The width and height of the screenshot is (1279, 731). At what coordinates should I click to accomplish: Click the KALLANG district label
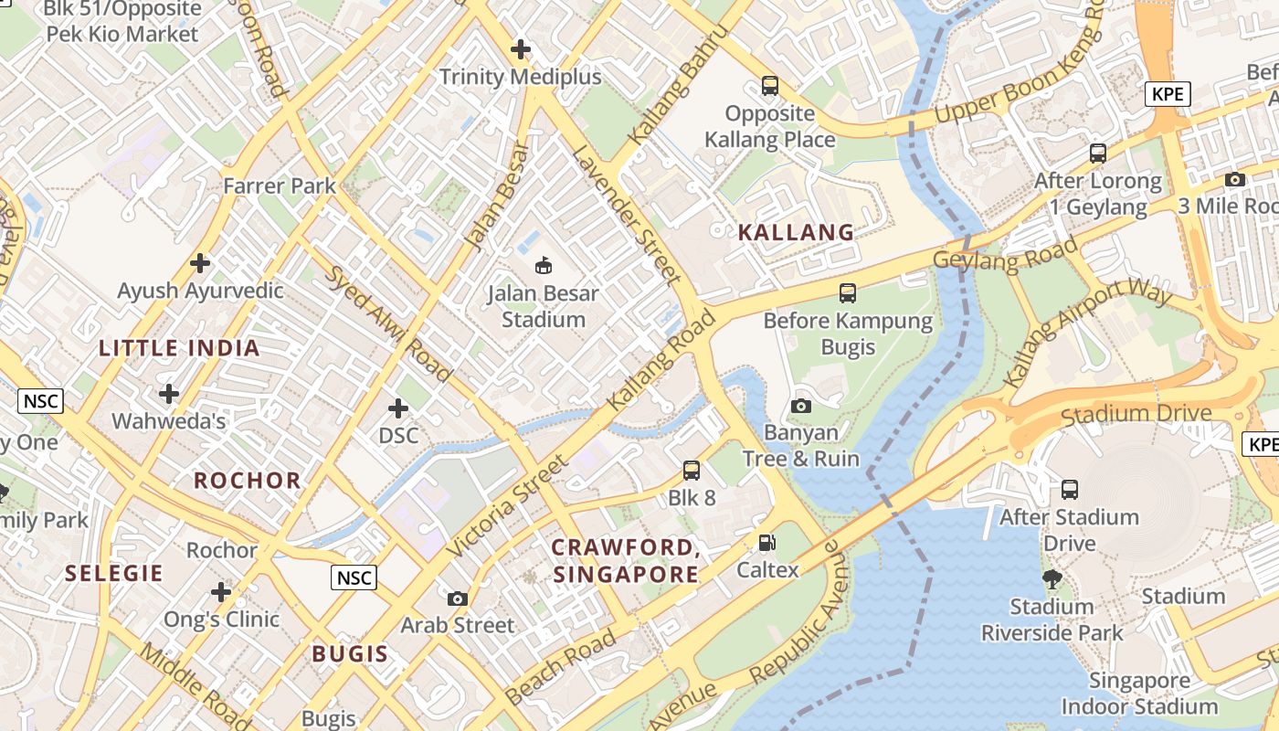(x=796, y=232)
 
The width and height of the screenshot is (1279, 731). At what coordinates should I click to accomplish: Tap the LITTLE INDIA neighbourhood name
(x=179, y=348)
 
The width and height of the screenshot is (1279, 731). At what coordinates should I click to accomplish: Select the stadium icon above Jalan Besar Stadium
(x=544, y=266)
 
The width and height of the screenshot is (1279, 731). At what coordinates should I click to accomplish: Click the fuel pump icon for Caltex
(x=767, y=543)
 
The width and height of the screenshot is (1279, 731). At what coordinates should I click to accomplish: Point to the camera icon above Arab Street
(x=458, y=599)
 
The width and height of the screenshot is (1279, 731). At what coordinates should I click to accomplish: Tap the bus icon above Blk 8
(x=692, y=471)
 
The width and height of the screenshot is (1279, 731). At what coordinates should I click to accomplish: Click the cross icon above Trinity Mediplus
(x=521, y=49)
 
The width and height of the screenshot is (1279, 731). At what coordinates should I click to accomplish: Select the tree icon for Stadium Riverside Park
(x=1052, y=578)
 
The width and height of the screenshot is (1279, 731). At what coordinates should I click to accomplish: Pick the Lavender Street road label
(x=626, y=212)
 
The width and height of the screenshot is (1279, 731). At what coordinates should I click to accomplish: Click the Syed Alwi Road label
(x=389, y=323)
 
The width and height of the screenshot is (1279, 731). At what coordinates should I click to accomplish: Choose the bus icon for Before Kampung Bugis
(x=848, y=293)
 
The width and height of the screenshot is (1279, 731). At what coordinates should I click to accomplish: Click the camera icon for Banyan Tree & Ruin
(x=801, y=406)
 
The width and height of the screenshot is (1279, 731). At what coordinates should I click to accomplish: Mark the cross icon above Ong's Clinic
(x=221, y=591)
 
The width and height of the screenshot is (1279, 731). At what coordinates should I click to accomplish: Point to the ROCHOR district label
(x=247, y=481)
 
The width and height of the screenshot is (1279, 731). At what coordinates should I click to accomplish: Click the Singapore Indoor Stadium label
(x=1138, y=694)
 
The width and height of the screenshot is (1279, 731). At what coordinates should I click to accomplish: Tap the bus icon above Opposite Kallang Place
(x=770, y=86)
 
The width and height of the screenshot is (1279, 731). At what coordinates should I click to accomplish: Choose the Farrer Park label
(x=280, y=186)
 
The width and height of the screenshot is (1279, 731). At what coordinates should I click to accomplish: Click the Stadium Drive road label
(x=1136, y=414)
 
